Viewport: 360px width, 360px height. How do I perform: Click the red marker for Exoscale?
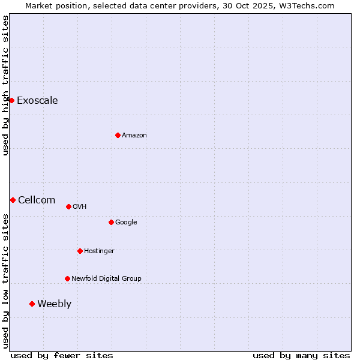11,100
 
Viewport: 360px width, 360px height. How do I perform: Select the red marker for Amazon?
118,135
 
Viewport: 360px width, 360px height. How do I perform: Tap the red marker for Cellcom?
13,200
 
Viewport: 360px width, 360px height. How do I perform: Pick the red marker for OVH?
68,206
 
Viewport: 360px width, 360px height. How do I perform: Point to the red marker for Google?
111,222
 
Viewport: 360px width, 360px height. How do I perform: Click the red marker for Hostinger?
80,251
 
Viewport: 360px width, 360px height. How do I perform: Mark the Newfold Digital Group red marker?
67,278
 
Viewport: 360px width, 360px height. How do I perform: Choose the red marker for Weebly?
32,304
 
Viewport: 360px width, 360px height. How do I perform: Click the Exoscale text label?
37,100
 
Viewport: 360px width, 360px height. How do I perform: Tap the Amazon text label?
134,135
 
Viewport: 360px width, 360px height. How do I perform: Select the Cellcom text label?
37,200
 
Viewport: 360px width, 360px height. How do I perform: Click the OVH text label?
79,206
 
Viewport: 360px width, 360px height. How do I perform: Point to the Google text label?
126,222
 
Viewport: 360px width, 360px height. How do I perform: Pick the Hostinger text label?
99,251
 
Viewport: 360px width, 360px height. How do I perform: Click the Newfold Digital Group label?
106,278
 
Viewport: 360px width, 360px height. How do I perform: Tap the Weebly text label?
54,304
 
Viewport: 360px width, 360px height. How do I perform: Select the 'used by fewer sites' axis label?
62,355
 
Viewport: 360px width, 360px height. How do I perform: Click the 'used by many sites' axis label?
301,355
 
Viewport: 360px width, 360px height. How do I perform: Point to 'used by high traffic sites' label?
5,85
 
